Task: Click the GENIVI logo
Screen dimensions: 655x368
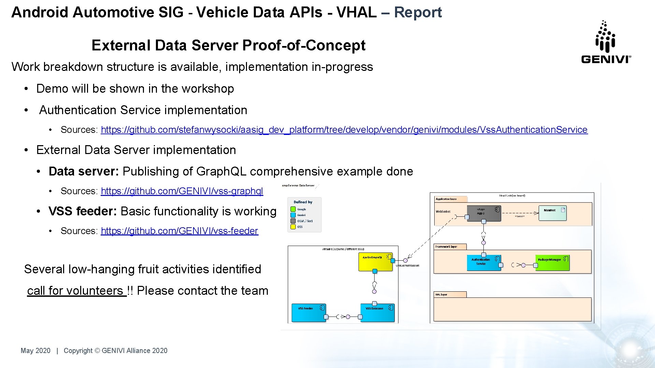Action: [606, 42]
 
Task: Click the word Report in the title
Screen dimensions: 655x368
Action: [418, 12]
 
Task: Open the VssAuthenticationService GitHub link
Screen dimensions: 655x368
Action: [344, 130]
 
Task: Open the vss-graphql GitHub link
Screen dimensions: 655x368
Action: [182, 191]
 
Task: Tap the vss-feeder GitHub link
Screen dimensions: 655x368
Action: [179, 231]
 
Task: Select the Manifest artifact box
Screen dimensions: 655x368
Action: [552, 213]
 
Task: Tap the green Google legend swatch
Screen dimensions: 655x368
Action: [293, 209]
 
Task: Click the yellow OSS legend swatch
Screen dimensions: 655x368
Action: [293, 227]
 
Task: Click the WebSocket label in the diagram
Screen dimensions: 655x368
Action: [443, 212]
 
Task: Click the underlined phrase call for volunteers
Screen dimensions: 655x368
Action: [76, 291]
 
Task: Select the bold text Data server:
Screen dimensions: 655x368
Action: [84, 171]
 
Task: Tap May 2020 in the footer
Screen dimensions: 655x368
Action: [35, 351]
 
